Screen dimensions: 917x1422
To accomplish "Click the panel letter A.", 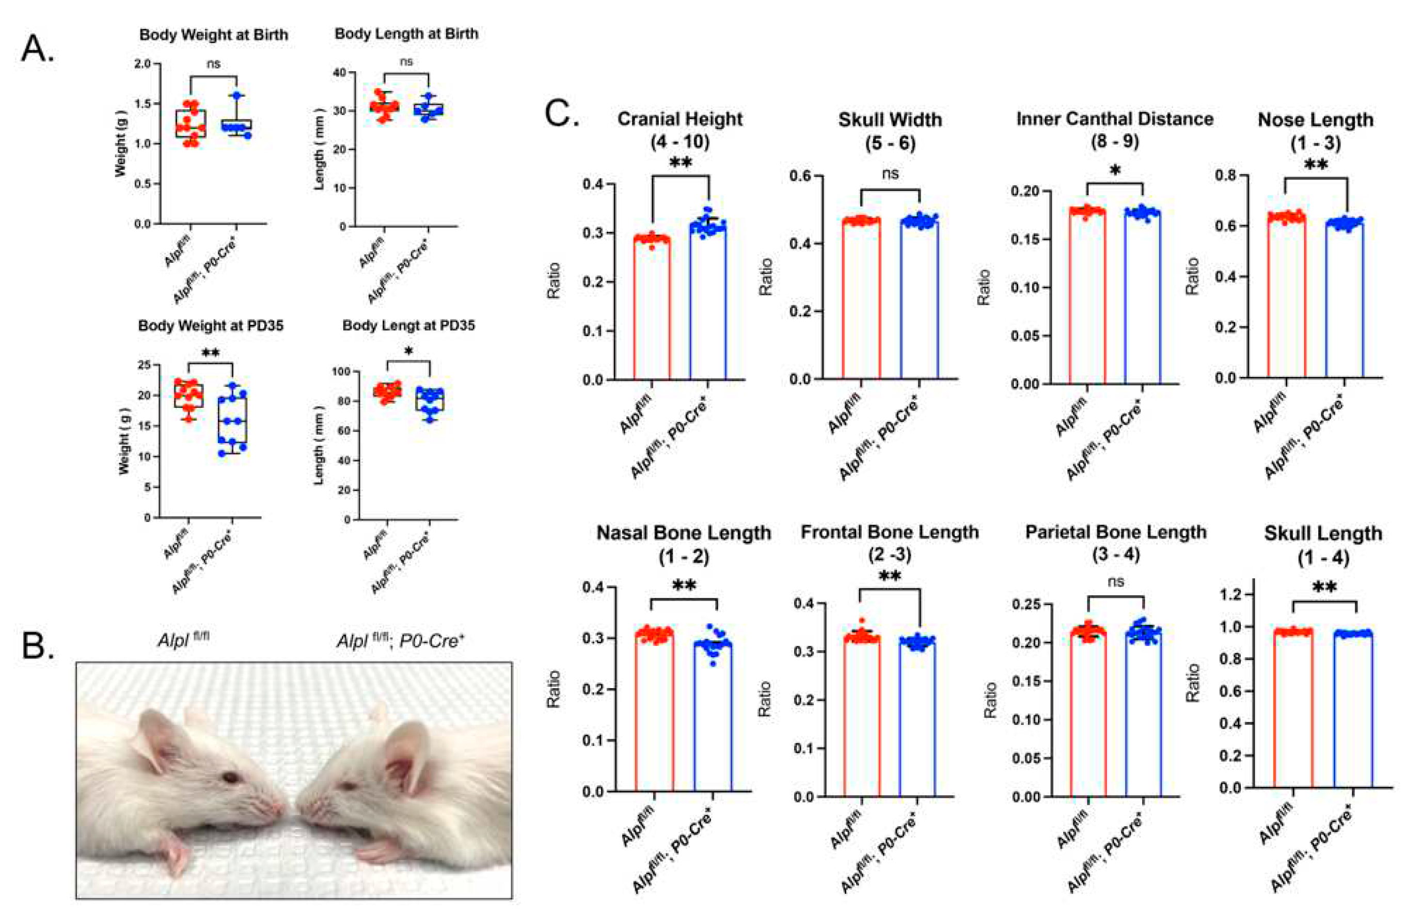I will [37, 49].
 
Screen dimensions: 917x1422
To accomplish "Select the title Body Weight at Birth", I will [213, 35].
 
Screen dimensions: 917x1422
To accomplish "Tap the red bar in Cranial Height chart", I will [653, 310].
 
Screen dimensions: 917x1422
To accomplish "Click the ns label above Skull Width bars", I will [890, 173].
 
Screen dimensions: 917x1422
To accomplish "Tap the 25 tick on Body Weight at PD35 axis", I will [144, 365].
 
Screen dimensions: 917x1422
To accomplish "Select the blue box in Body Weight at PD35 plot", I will [232, 426].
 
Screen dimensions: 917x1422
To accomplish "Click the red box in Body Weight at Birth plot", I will [191, 123].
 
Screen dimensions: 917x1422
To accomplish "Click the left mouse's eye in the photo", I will [230, 777].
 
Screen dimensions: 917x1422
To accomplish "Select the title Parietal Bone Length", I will [1115, 532].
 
